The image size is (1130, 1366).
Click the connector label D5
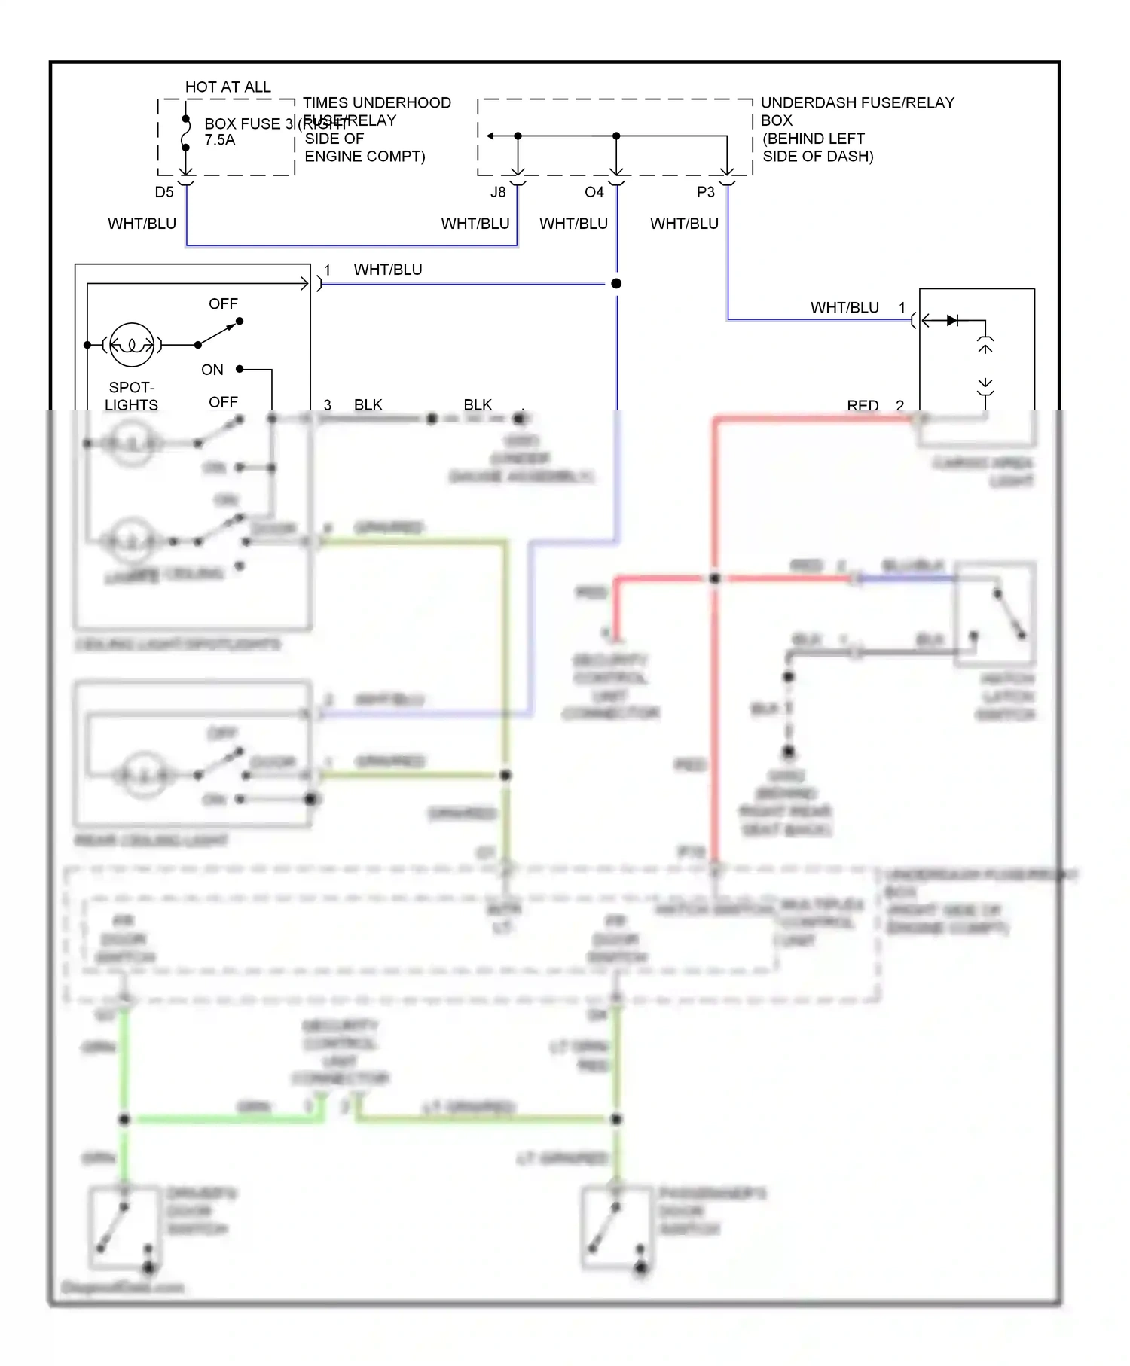pyautogui.click(x=164, y=192)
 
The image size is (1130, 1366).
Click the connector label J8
pyautogui.click(x=498, y=192)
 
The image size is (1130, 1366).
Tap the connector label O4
pyautogui.click(x=594, y=192)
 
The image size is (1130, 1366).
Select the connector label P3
pyautogui.click(x=705, y=192)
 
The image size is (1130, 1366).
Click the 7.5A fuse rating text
pyautogui.click(x=220, y=140)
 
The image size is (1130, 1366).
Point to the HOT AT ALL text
pyautogui.click(x=228, y=87)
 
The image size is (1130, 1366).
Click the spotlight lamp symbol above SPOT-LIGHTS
pyautogui.click(x=132, y=345)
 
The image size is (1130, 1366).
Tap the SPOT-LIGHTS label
pyautogui.click(x=131, y=396)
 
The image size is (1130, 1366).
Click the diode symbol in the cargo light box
pyautogui.click(x=952, y=321)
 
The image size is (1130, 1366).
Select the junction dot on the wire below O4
pyautogui.click(x=616, y=284)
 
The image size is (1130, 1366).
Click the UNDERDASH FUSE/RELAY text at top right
pyautogui.click(x=857, y=103)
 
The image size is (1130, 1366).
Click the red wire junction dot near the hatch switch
pyautogui.click(x=715, y=578)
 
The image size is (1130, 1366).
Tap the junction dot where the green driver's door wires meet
pyautogui.click(x=124, y=1120)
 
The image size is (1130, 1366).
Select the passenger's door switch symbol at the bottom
pyautogui.click(x=615, y=1227)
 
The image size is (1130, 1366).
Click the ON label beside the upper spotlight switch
pyautogui.click(x=212, y=370)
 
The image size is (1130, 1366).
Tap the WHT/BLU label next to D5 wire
pyautogui.click(x=142, y=224)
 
